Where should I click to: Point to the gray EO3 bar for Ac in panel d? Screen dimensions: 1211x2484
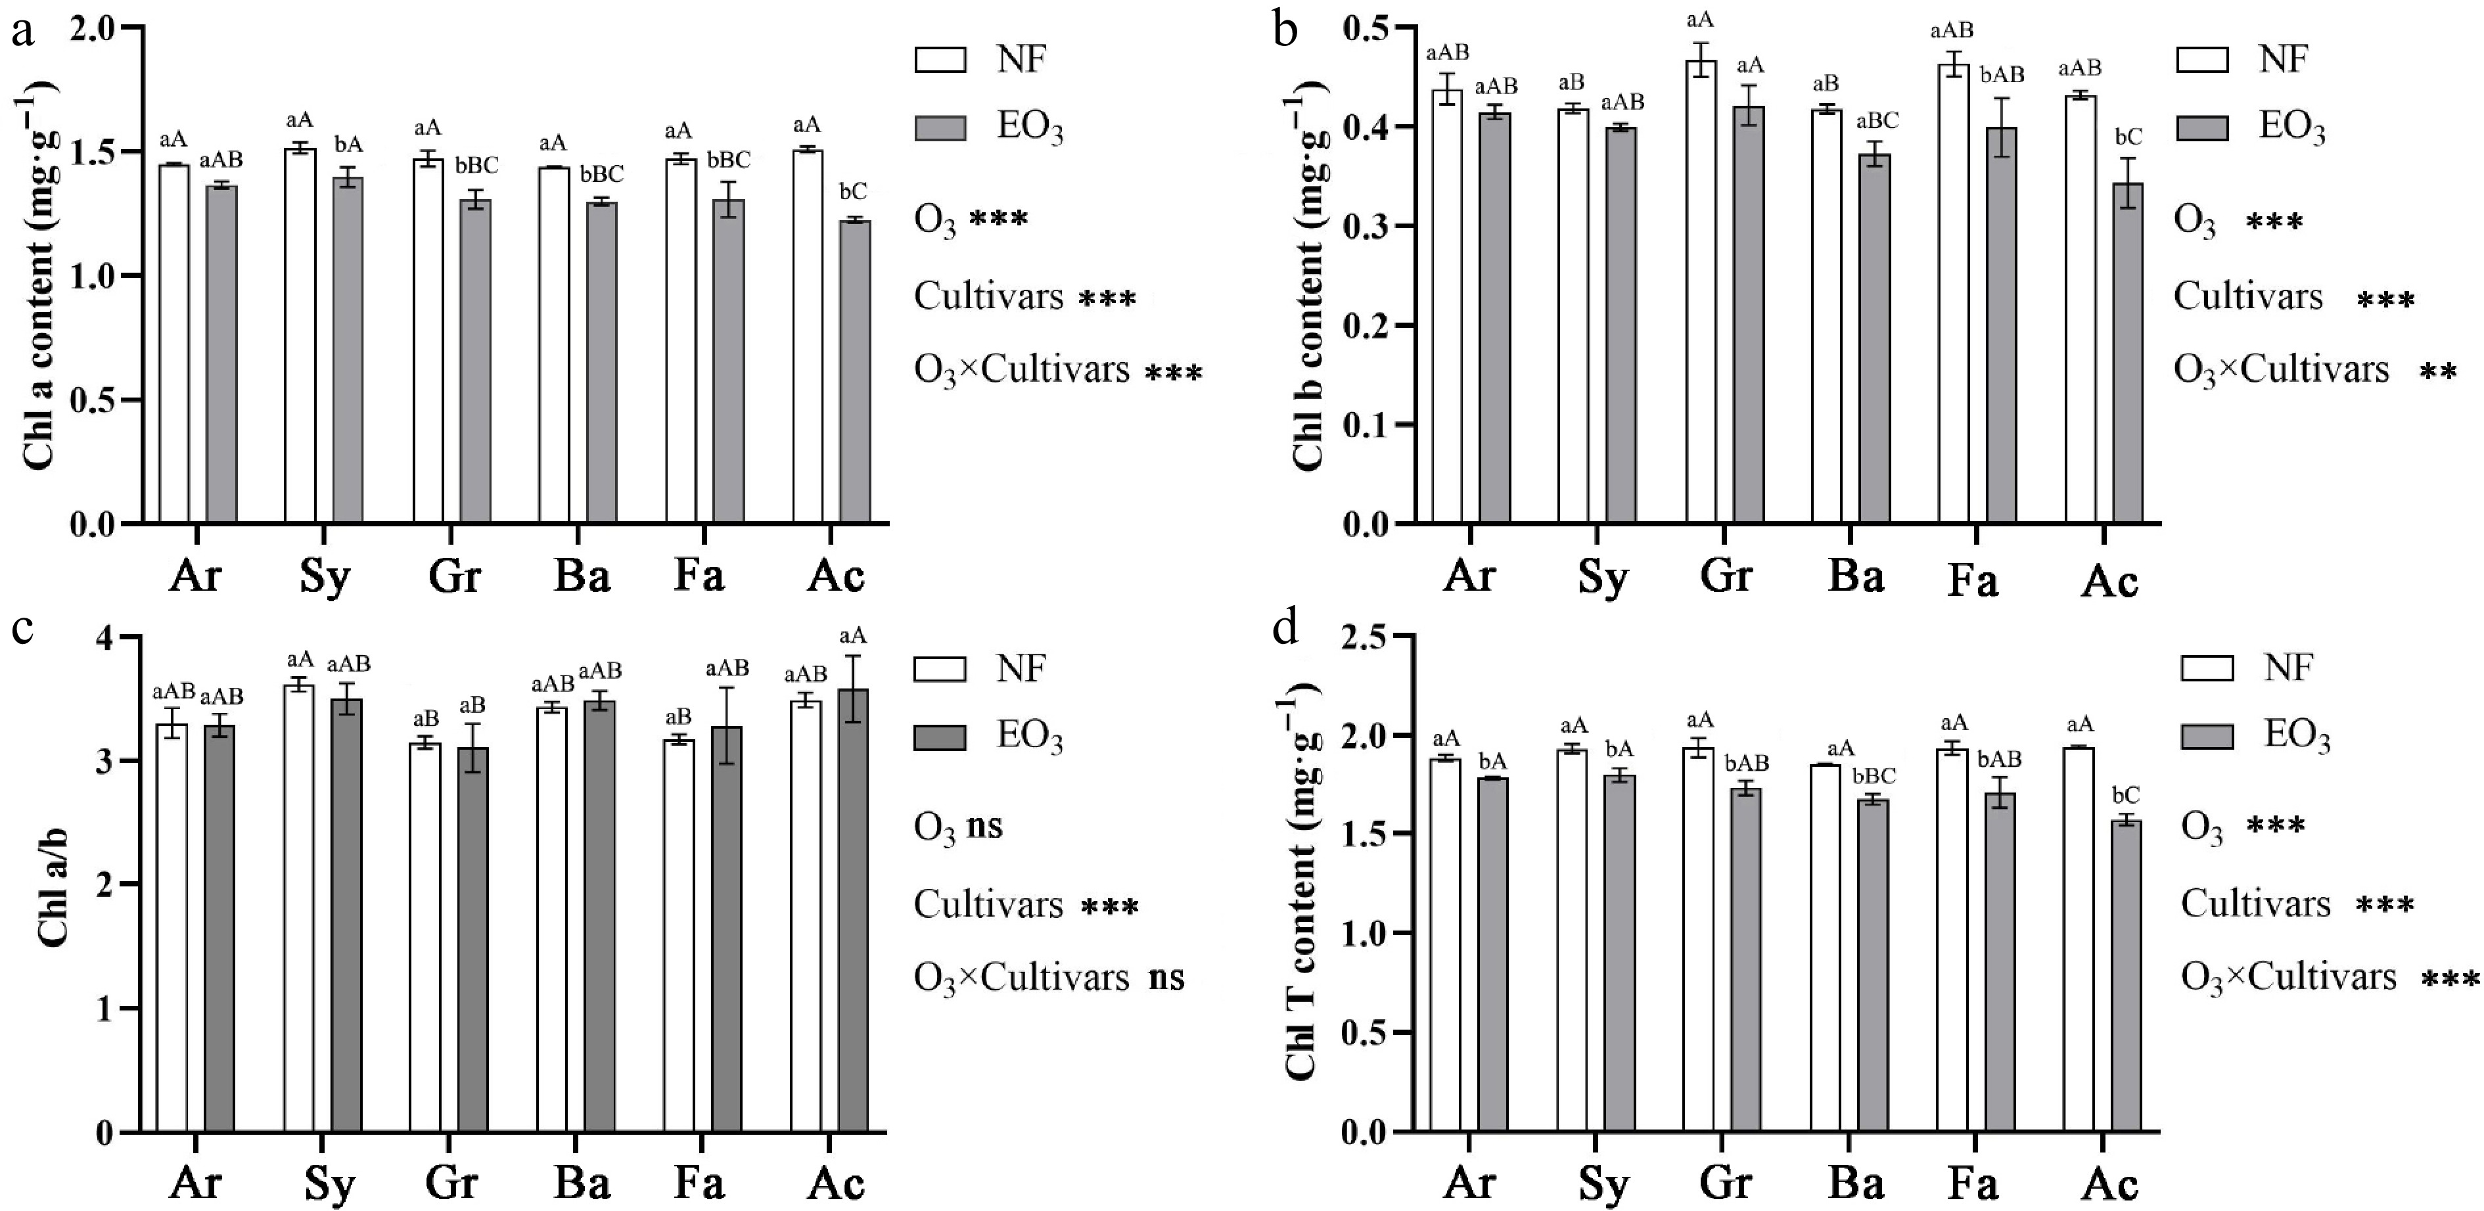pos(2127,976)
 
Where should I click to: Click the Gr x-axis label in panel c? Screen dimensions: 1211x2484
pos(452,1182)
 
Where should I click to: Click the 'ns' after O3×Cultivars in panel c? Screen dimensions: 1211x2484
pos(1167,978)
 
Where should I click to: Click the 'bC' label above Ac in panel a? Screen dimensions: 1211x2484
pos(854,192)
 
